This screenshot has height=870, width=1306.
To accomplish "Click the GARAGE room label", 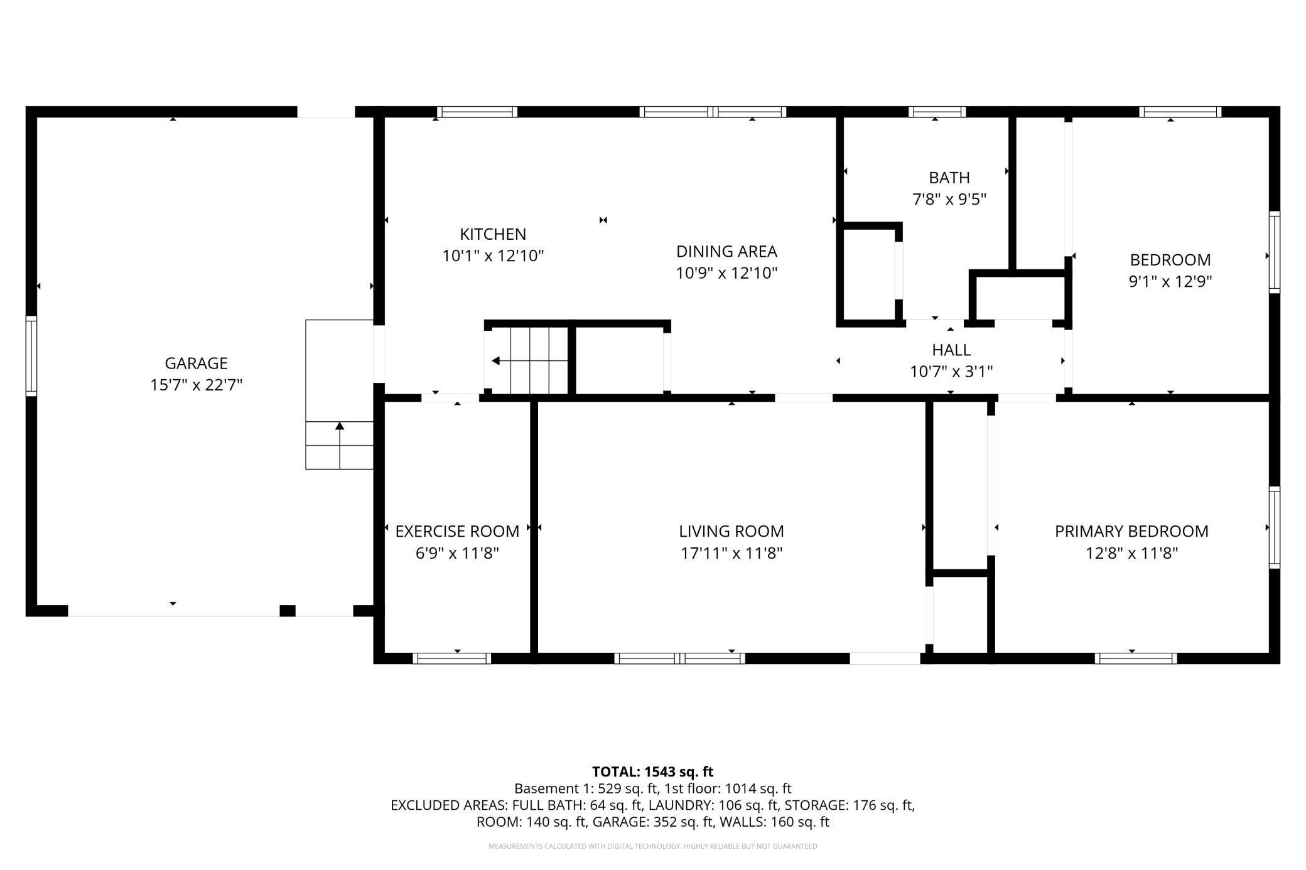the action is (x=196, y=363).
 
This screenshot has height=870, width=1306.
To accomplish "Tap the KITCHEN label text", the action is (x=493, y=234).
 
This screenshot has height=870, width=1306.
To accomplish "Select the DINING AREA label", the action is (x=726, y=252).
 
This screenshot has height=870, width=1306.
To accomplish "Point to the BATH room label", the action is (x=949, y=178).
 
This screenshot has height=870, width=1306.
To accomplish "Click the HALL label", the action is (x=951, y=350).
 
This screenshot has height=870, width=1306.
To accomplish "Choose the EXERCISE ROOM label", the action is (x=457, y=532).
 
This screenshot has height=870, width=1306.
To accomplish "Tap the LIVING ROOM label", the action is (x=731, y=532).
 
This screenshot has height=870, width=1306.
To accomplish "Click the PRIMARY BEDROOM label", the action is (x=1131, y=532).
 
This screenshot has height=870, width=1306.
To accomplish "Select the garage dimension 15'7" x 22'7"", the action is (x=196, y=385).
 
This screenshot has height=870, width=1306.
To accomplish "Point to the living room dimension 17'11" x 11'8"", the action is (x=731, y=553).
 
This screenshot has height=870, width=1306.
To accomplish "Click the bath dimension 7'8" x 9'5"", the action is (x=949, y=199).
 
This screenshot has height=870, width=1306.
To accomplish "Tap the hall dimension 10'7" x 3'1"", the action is (x=951, y=372).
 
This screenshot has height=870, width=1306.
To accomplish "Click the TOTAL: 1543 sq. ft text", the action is (x=653, y=771).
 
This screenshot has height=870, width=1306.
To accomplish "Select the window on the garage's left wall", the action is (x=31, y=356).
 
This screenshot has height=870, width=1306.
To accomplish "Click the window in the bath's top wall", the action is (x=937, y=112).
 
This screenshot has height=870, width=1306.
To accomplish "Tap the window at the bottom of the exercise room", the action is (x=452, y=658).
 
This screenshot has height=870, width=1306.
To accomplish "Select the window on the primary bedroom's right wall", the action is (x=1275, y=527).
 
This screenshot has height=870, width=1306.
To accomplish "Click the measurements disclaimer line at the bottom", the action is (x=653, y=846).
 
